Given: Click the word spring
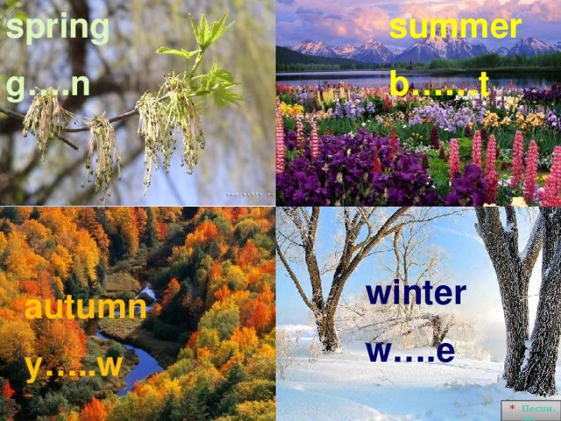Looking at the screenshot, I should tap(57, 29).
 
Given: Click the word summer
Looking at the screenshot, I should tap(455, 27).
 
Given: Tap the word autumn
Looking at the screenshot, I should tap(85, 308).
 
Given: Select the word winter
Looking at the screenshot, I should tap(415, 292).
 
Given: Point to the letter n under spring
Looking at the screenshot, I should tap(80, 85).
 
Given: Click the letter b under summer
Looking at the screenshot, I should tap(399, 84).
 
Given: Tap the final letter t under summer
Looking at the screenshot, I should tap(484, 84).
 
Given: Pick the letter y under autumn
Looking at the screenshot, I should tap(33, 367).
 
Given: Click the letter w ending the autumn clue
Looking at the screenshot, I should tap(107, 365).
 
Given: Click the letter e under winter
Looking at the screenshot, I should tap(445, 351).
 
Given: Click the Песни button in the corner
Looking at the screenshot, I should tap(532, 410).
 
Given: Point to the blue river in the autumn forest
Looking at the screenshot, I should tap(140, 364).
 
